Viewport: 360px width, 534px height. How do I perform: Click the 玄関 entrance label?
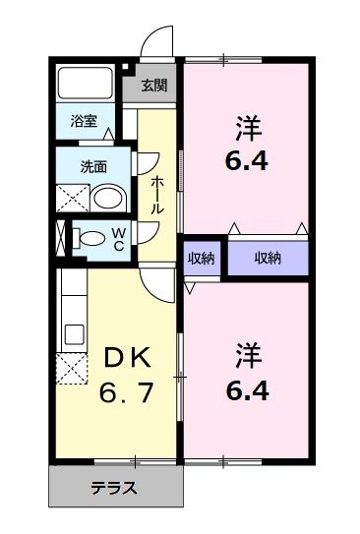point(152,85)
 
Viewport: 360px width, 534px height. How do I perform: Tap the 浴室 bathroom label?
point(84,122)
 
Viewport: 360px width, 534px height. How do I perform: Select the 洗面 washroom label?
point(93,165)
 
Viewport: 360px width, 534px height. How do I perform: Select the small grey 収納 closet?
point(202,258)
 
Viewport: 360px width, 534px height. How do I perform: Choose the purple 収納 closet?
point(268,258)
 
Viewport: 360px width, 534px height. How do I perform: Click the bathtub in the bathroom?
point(86,85)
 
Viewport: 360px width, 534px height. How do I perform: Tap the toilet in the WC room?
point(89,237)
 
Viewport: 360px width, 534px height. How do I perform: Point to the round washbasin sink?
point(107,197)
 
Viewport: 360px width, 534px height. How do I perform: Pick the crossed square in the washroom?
point(72,199)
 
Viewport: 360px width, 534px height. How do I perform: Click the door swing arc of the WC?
point(148,231)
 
